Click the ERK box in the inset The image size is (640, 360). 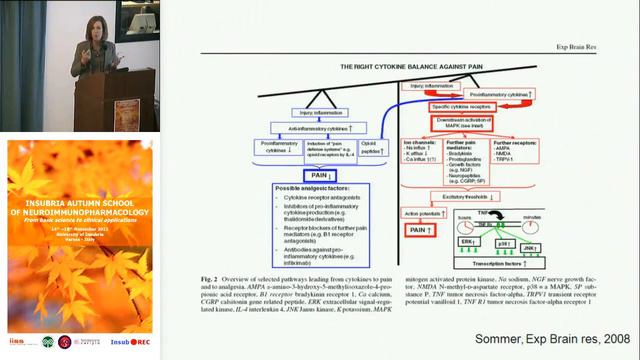(441, 243)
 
